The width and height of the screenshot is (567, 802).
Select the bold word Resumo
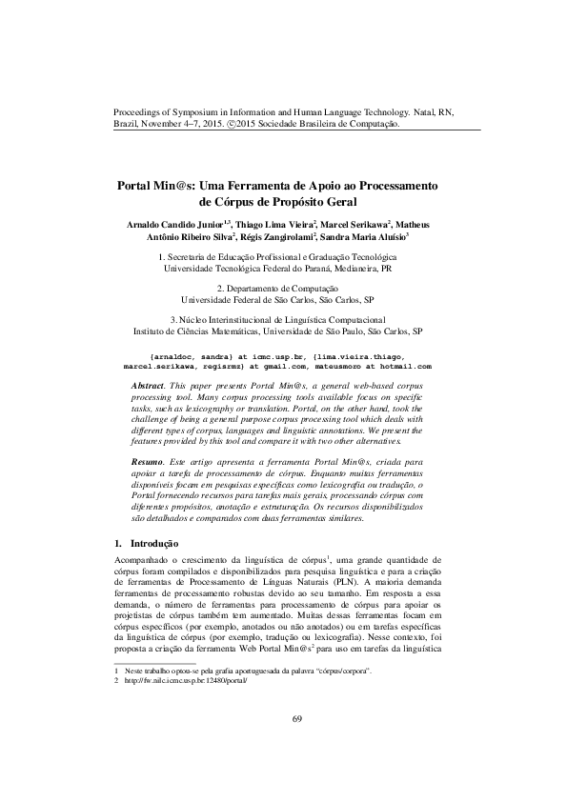click(x=150, y=461)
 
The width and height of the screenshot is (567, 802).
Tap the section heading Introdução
click(x=157, y=542)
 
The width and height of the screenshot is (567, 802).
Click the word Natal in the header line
click(x=416, y=111)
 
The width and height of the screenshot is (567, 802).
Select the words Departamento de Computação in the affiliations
click(x=283, y=288)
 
